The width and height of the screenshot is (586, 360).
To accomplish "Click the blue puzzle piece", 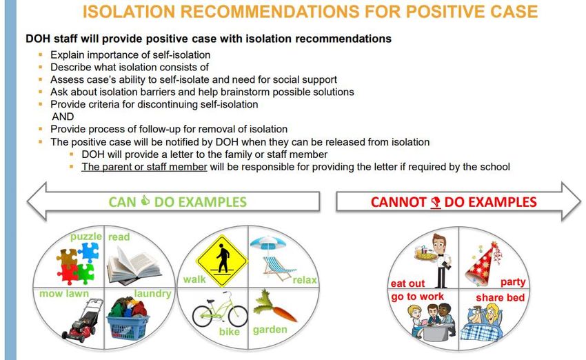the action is [x=88, y=252].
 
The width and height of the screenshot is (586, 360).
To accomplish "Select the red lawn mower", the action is [x=83, y=321].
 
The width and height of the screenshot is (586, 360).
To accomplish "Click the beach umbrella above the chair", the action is [x=268, y=243].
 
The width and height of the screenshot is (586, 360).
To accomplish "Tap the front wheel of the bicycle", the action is [x=238, y=316].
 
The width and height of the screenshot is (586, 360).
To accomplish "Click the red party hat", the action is [x=481, y=264].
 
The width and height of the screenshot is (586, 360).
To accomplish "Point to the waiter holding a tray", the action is [x=436, y=261].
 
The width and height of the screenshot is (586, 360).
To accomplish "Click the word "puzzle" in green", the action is [x=86, y=237].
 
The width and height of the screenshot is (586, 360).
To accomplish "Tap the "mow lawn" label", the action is [x=64, y=294].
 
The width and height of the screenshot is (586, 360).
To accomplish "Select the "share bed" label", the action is [x=500, y=297].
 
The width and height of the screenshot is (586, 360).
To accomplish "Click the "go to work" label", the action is [x=418, y=297].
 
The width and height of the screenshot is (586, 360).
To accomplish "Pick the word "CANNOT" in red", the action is [x=398, y=202].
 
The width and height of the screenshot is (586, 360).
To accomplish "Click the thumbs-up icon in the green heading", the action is [x=145, y=201].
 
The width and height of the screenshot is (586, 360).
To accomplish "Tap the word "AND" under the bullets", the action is [x=63, y=117].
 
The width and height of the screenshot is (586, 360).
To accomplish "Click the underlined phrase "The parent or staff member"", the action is [x=144, y=167].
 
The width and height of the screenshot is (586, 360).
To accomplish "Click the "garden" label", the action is [x=270, y=330].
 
